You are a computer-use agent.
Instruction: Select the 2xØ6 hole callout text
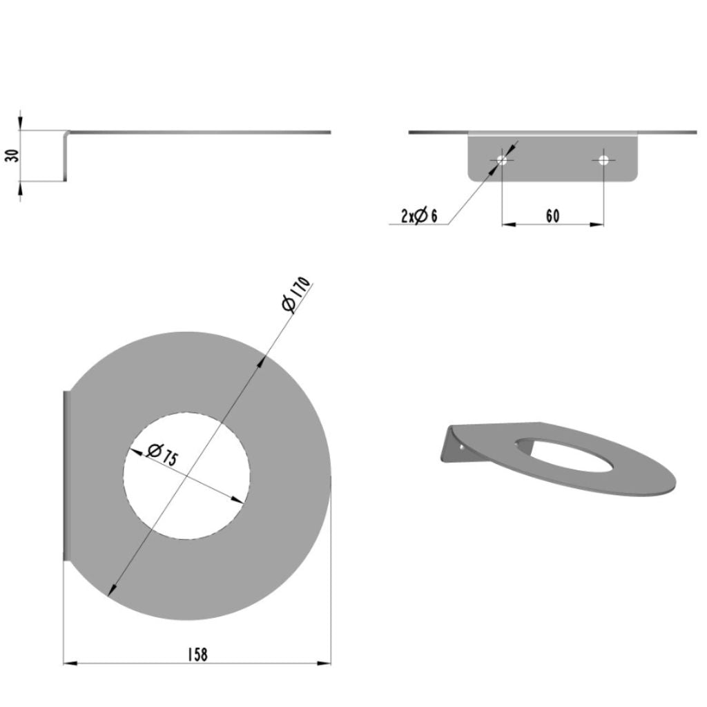pyautogui.click(x=419, y=216)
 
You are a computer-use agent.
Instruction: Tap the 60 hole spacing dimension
pyautogui.click(x=553, y=216)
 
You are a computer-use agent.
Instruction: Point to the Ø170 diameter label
pyautogui.click(x=296, y=294)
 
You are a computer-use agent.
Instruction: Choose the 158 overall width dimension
pyautogui.click(x=197, y=655)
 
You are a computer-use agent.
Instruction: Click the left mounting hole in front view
pyautogui.click(x=502, y=159)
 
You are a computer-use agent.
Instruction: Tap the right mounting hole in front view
pyautogui.click(x=603, y=159)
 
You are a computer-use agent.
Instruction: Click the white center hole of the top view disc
pyautogui.click(x=186, y=476)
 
